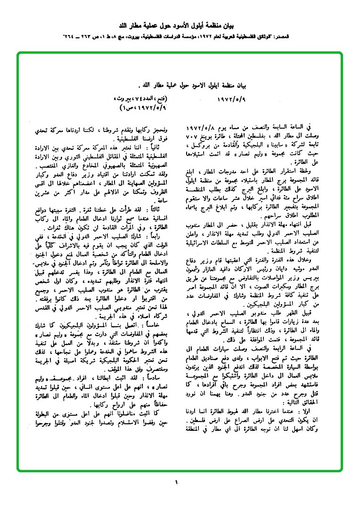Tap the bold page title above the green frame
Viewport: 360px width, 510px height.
(180, 25)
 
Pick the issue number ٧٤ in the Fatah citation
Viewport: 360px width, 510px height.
(143, 100)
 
